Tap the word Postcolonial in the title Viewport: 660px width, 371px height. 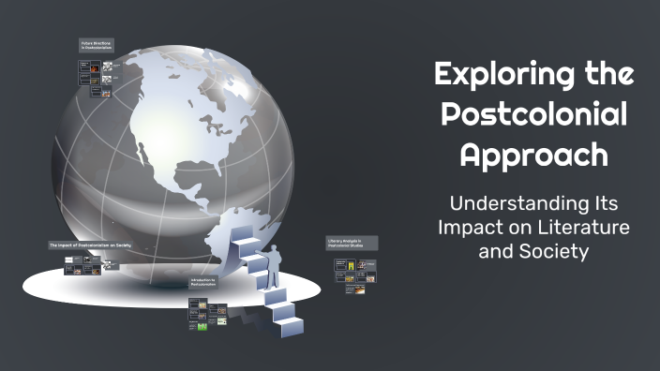[534, 113]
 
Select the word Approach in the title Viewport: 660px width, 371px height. [533, 155]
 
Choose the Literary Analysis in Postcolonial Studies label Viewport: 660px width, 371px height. [352, 243]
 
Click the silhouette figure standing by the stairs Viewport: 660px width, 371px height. [274, 267]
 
